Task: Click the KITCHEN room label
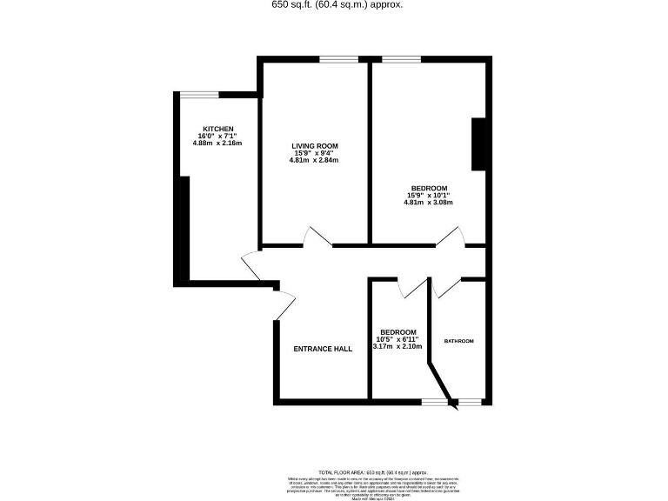tap(217, 128)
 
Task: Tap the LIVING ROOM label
tap(314, 145)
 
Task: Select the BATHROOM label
tap(459, 341)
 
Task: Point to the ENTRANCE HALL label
tap(323, 349)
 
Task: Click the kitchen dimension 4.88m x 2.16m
tap(217, 143)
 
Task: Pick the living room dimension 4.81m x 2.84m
tap(314, 160)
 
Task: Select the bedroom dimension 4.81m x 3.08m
tap(429, 203)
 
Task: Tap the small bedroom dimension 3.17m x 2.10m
tap(397, 346)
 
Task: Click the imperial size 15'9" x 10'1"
tap(429, 196)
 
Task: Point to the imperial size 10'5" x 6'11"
tap(397, 339)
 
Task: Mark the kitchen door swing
tap(252, 264)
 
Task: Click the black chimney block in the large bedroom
tap(478, 144)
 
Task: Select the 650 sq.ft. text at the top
tap(337, 4)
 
